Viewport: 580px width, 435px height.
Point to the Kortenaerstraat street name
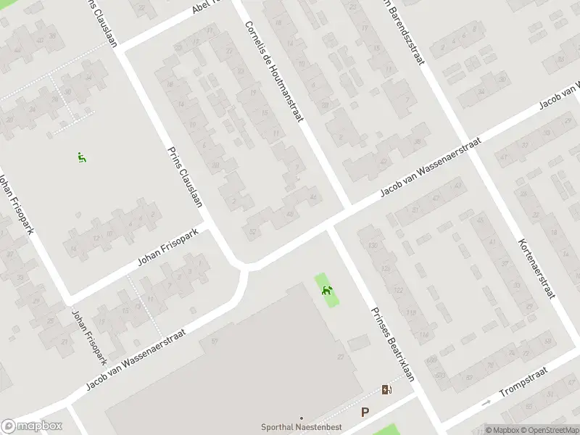coord(537,268)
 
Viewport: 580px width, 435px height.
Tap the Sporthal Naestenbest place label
coord(301,427)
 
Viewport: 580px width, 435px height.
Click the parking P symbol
coord(365,413)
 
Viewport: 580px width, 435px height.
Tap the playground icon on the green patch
coord(328,291)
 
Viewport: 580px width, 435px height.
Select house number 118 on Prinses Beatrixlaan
coord(411,312)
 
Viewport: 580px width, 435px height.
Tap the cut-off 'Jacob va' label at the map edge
coord(558,101)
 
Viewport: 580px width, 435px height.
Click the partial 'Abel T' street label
coord(210,8)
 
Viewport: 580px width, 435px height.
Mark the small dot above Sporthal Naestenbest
coord(301,418)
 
